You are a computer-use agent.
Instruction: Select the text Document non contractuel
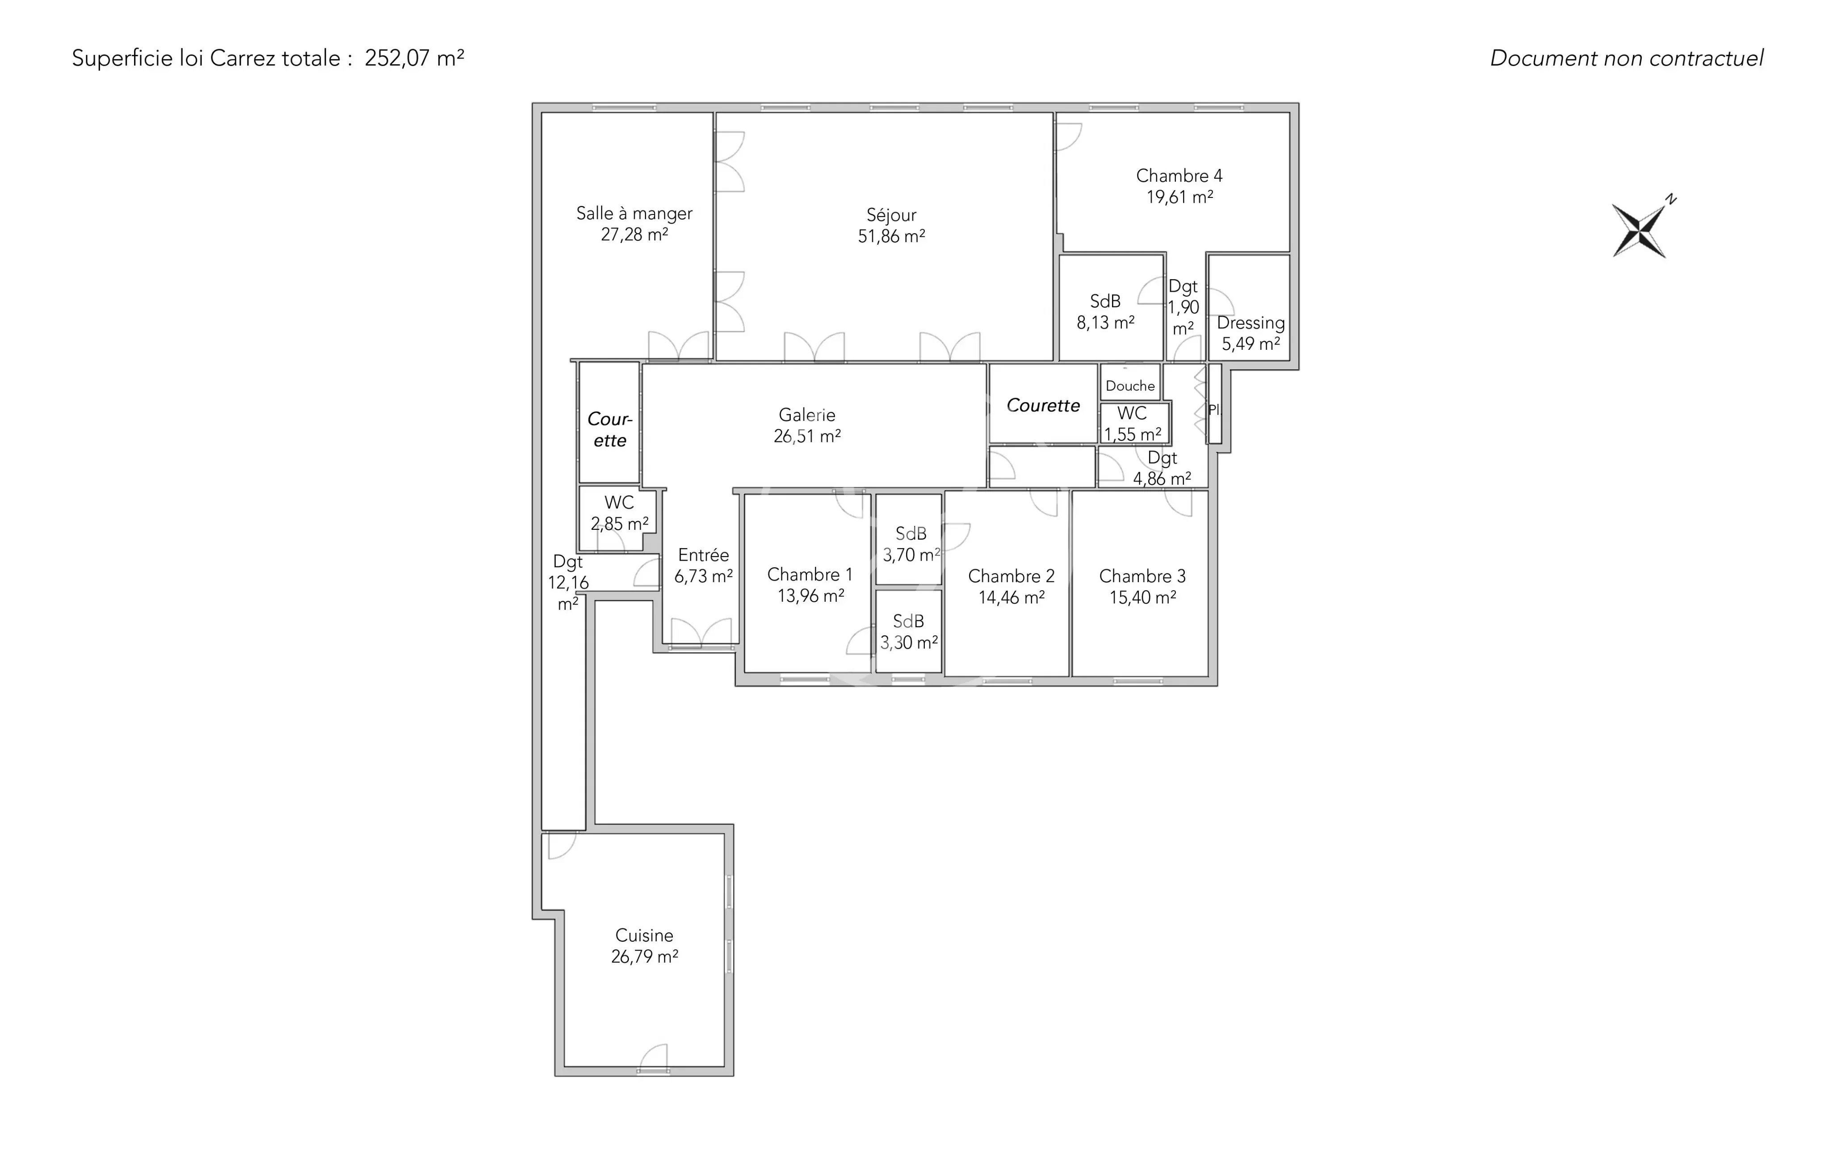pyautogui.click(x=1626, y=59)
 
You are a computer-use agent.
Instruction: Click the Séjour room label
pyautogui.click(x=891, y=215)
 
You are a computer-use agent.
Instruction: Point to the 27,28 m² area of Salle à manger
pyautogui.click(x=634, y=235)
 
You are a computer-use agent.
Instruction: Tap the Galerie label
pyautogui.click(x=807, y=415)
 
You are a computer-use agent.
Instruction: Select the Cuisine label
pyautogui.click(x=644, y=935)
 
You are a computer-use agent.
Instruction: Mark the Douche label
pyautogui.click(x=1130, y=386)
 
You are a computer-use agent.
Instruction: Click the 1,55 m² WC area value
pyautogui.click(x=1132, y=435)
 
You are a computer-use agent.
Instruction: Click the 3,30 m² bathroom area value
pyautogui.click(x=909, y=643)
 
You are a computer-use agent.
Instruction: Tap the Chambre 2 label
pyautogui.click(x=1012, y=577)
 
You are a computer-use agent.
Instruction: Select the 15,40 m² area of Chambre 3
pyautogui.click(x=1143, y=598)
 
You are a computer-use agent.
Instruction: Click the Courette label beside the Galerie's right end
pyautogui.click(x=1043, y=406)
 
